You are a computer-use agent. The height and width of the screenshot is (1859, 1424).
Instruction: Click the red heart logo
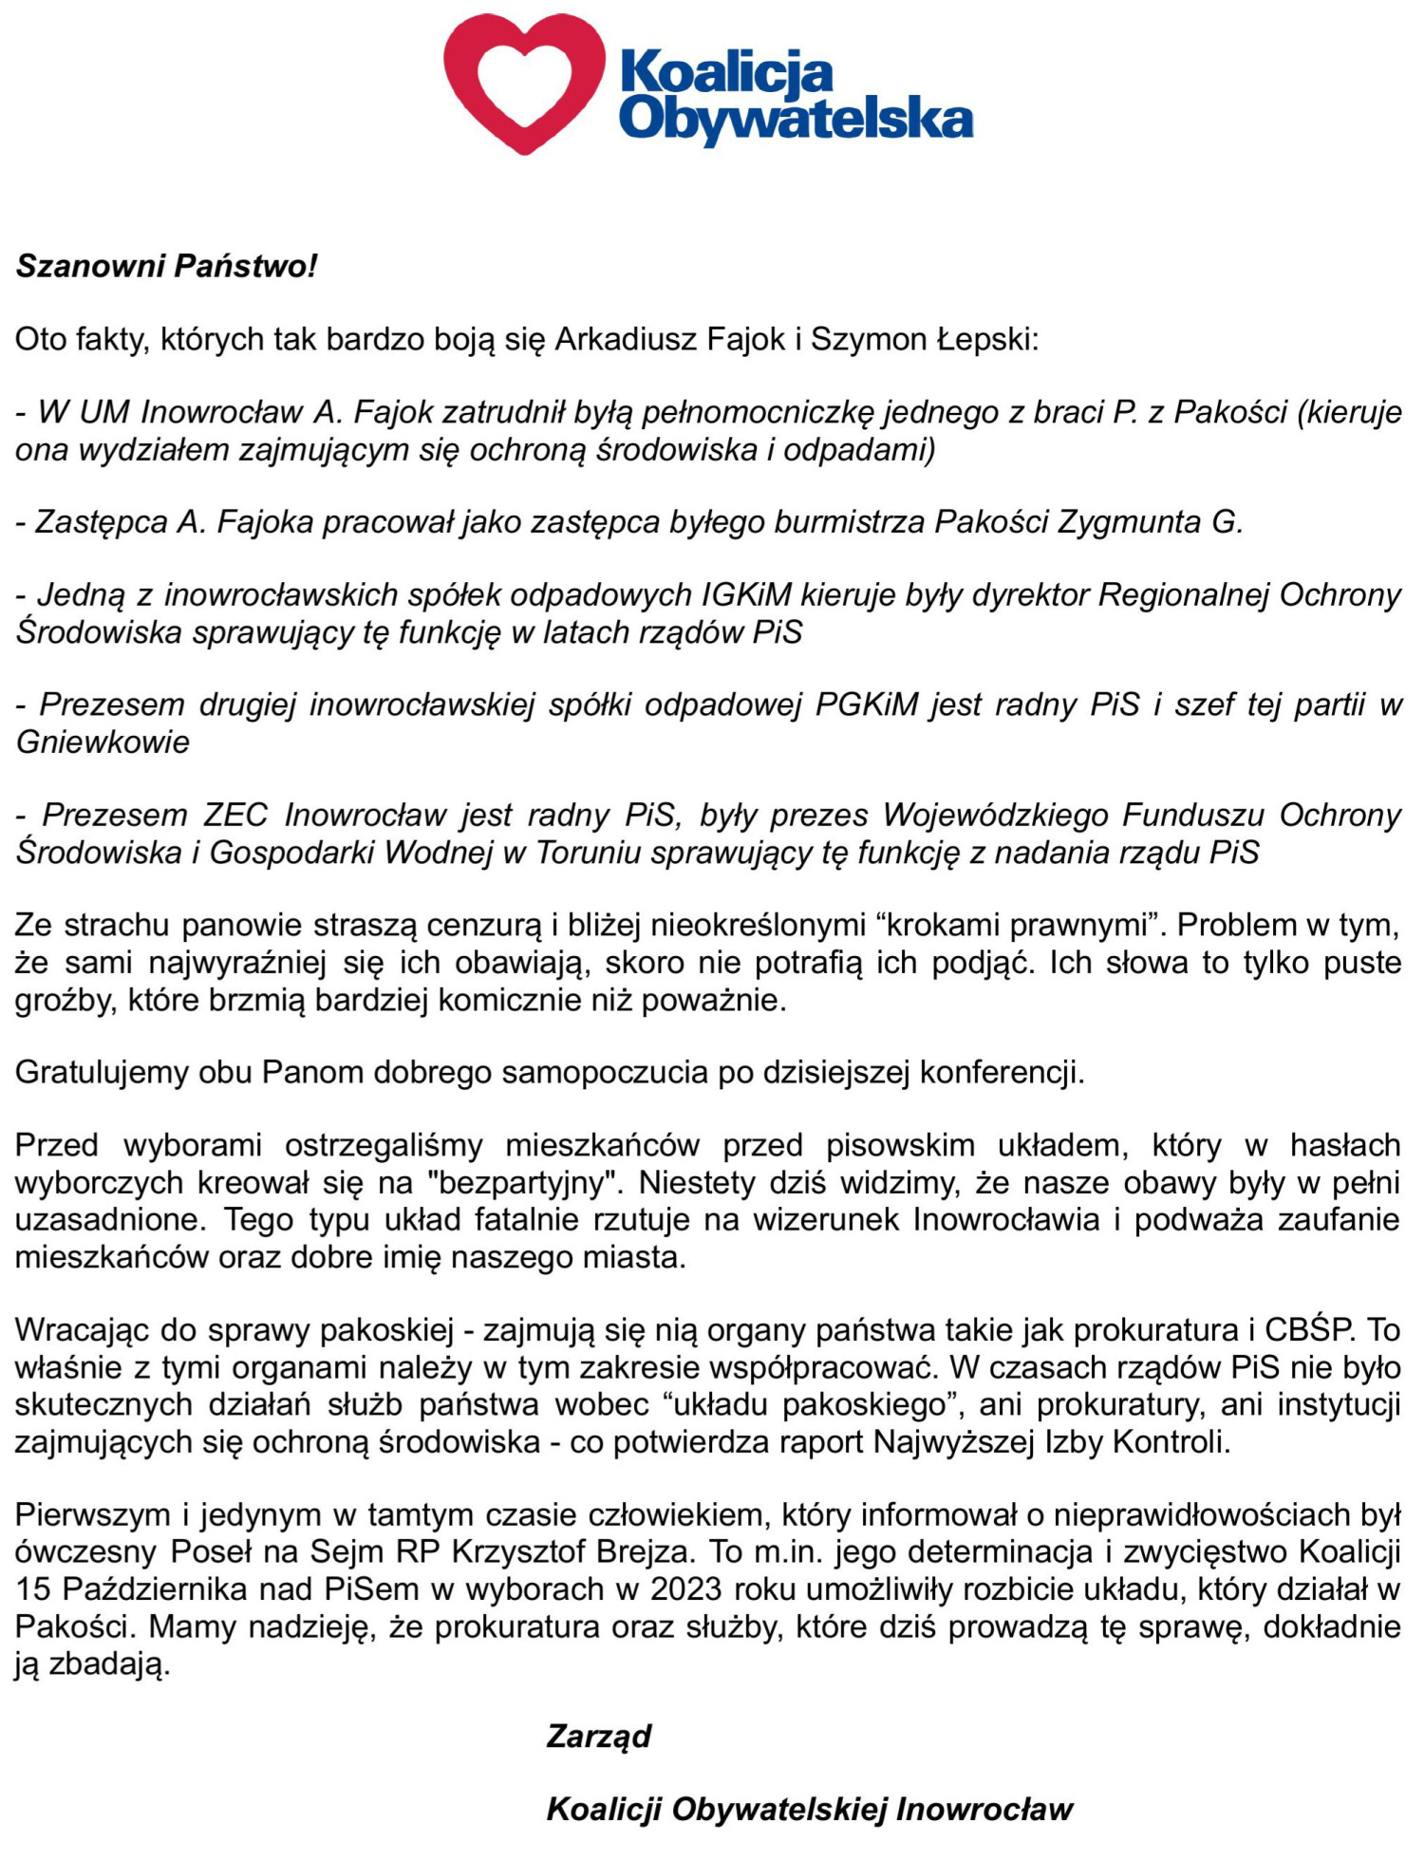[x=524, y=84]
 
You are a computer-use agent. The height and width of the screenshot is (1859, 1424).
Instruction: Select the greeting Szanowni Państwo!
[x=166, y=266]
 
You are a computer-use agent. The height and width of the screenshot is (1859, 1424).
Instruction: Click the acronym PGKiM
[x=867, y=704]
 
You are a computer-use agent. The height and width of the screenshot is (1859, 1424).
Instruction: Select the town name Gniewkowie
[x=103, y=742]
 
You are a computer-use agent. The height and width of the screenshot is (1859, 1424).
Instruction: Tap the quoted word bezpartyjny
[x=529, y=1183]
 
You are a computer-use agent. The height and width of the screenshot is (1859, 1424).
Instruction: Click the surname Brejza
[x=635, y=1551]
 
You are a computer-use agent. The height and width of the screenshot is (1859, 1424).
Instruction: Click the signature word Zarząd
[x=599, y=1736]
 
